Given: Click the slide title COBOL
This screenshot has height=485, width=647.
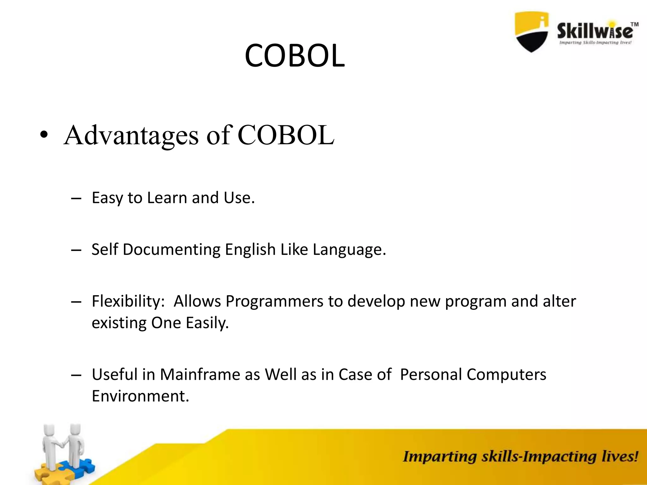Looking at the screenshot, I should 294,56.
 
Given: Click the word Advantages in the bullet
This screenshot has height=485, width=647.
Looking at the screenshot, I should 131,135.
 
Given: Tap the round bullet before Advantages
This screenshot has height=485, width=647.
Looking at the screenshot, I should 44,135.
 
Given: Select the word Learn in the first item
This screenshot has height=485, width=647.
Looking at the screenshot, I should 167,198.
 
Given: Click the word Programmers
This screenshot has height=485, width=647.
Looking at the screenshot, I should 274,302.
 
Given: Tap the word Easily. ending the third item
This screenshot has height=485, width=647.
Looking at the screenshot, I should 207,323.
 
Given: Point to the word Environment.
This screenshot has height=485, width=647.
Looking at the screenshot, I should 140,396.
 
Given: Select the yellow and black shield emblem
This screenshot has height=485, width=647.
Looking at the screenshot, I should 531,32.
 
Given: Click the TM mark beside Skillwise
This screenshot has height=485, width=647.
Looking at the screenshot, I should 634,24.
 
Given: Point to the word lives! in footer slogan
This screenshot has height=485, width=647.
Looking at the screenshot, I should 620,457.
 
